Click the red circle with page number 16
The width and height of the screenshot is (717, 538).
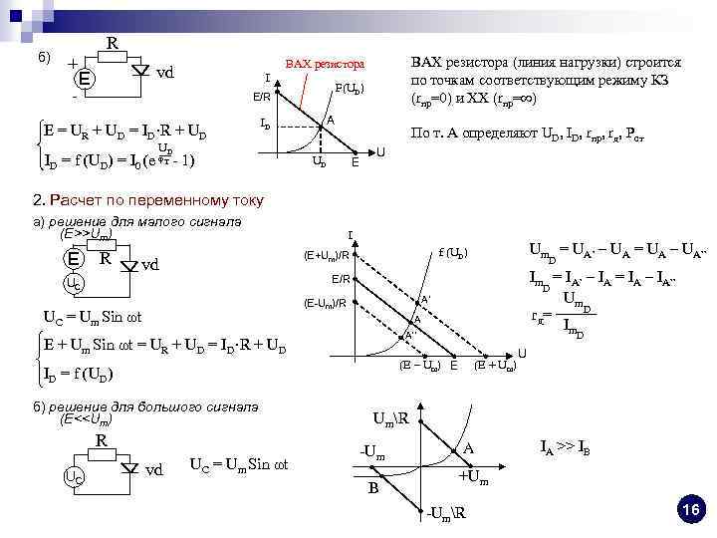click(690, 510)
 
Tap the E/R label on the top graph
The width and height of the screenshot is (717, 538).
click(260, 97)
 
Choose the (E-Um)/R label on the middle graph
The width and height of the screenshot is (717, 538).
click(325, 303)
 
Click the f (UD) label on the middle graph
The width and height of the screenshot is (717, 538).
click(454, 252)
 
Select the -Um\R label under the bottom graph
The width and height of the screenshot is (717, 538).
click(446, 514)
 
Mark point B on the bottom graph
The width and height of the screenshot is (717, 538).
click(373, 488)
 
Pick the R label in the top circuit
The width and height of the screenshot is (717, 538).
click(112, 44)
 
